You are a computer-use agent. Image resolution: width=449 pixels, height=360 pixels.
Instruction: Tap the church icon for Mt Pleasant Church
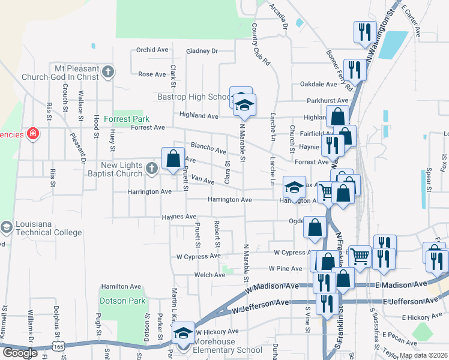tap(108, 73)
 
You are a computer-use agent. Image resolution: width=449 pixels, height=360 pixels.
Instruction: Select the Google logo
tap(20, 353)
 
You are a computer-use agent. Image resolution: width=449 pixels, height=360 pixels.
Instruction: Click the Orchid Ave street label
tap(152, 50)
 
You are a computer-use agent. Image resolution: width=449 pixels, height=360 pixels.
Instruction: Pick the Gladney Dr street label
tap(202, 52)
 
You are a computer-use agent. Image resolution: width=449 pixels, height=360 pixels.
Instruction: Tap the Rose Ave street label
tap(152, 74)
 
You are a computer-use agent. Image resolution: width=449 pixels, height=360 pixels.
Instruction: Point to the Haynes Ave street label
tap(179, 217)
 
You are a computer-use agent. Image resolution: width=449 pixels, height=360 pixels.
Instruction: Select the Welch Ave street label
tap(209, 275)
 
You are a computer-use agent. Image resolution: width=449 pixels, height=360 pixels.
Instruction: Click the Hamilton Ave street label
tap(116, 286)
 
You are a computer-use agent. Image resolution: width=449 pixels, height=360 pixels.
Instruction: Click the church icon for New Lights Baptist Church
tap(151, 170)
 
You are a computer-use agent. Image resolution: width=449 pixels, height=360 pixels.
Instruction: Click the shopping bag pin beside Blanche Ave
tap(173, 159)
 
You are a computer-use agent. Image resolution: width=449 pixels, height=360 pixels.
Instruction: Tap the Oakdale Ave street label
tap(319, 85)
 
